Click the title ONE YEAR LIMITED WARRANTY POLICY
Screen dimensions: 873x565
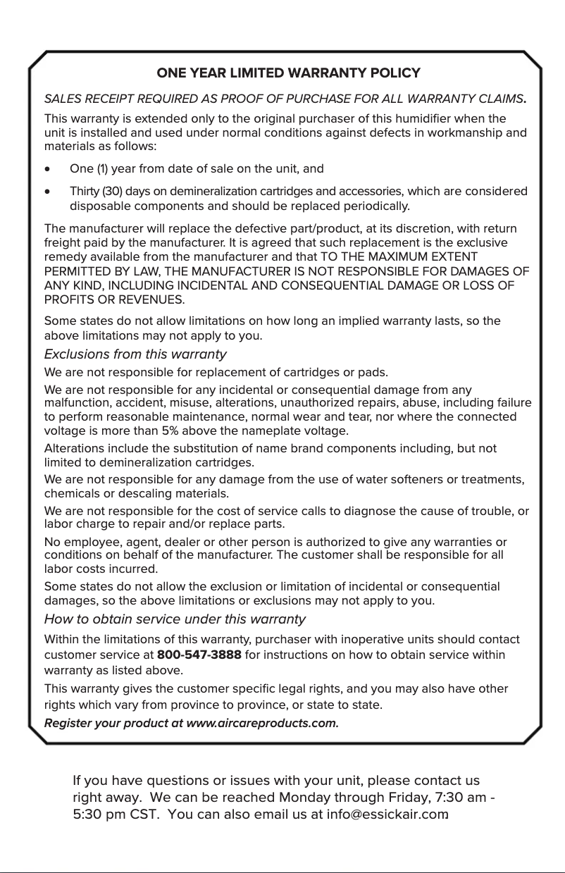288,73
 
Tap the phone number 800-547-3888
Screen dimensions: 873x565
199,655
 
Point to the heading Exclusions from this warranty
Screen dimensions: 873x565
135,354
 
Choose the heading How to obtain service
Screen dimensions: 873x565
175,619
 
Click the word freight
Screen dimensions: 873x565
61,243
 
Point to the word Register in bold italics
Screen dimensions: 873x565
67,723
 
